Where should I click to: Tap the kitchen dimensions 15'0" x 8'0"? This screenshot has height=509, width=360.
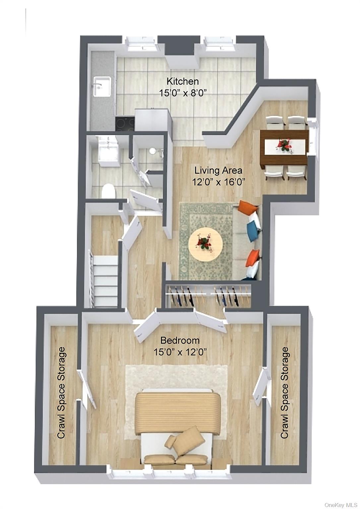coord(183,92)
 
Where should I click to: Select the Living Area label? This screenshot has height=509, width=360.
coord(218,171)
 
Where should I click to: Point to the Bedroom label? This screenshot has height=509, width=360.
coord(180,340)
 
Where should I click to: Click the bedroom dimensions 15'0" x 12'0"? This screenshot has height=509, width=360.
coord(180,352)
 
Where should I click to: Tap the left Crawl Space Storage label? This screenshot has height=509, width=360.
coord(61,393)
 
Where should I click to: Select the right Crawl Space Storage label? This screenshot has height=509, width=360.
coord(284,393)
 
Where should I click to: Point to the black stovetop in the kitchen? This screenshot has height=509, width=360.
coord(125,124)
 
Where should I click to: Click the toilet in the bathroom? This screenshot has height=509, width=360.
coord(108,192)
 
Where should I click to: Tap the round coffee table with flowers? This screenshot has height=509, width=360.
coord(205,244)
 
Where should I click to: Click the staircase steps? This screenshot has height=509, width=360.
coord(105,281)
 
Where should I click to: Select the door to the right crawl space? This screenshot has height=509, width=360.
coord(261,386)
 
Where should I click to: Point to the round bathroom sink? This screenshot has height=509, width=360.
coord(152,151)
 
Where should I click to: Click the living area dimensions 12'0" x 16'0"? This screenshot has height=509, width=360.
coord(218,182)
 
